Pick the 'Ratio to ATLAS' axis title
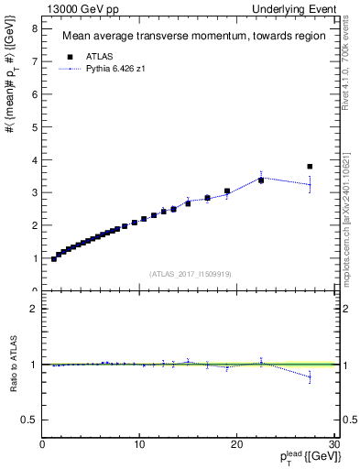(11, 365)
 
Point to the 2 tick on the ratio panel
(35, 309)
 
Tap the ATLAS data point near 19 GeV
(227, 191)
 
